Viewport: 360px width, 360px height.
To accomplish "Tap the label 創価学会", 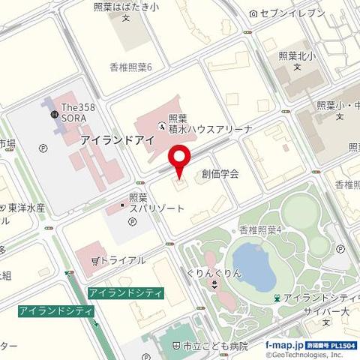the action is tap(220, 174).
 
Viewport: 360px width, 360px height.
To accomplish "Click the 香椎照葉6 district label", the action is tap(130, 67).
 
